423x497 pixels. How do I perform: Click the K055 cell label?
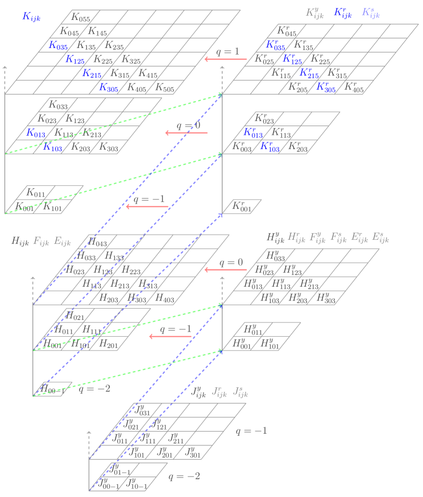[81, 18]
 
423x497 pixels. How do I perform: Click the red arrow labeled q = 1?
[226, 59]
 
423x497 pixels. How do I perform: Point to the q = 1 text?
[227, 52]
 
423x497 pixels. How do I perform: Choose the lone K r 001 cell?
[242, 206]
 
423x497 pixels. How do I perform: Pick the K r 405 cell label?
[354, 87]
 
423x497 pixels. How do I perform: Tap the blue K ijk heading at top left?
[32, 17]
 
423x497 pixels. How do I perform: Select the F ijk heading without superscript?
[41, 241]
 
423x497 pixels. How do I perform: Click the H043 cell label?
[97, 242]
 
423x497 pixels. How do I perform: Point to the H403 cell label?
[165, 298]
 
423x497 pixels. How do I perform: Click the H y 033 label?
[276, 256]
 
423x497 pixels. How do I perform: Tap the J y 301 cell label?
[194, 452]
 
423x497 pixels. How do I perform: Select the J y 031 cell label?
[142, 410]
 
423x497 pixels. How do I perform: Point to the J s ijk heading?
[240, 392]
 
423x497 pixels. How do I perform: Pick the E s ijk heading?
[380, 237]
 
